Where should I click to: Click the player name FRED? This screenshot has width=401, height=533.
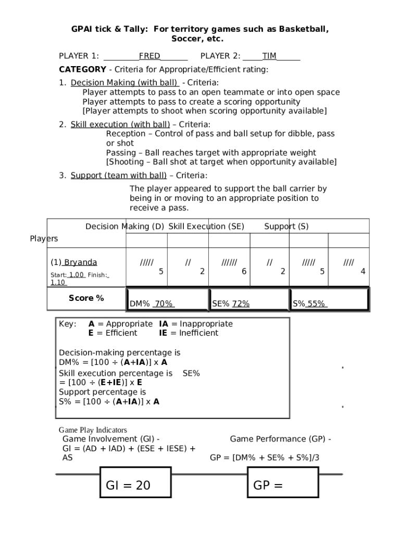tap(149, 56)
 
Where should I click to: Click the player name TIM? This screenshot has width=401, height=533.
tap(269, 56)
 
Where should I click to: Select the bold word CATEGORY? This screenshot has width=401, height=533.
tap(82, 69)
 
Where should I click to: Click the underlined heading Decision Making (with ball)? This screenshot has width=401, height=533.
tap(125, 83)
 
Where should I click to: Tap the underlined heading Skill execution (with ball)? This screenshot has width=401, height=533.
tap(120, 124)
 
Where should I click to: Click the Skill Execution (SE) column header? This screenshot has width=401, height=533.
tap(206, 226)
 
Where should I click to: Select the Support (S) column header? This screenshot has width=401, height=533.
tap(286, 226)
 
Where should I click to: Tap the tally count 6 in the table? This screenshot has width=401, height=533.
tap(244, 271)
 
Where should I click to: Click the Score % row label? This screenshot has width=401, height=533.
tap(86, 298)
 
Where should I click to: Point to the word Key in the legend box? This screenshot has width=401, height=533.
tap(68, 324)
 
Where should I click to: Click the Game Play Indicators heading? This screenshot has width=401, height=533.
tap(93, 430)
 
